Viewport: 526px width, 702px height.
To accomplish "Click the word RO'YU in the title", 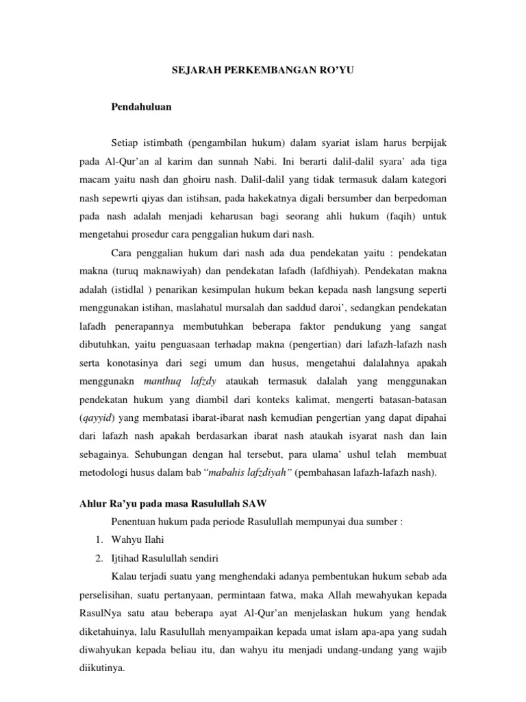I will pyautogui.click(x=337, y=70).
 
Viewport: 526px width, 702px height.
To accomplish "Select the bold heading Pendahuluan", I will pyautogui.click(x=141, y=107).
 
